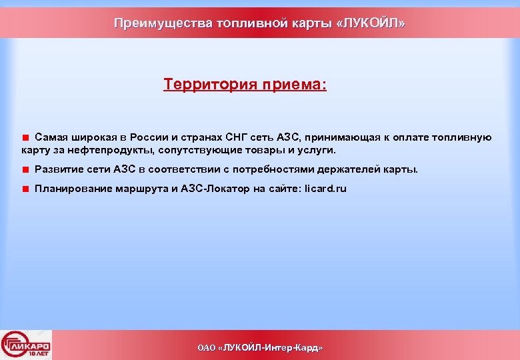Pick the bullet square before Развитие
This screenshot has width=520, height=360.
(25, 169)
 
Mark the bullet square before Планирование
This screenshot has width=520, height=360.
(25, 189)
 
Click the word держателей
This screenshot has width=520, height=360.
(348, 169)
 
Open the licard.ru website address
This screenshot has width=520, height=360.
(325, 189)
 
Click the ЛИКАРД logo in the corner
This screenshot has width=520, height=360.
(27, 345)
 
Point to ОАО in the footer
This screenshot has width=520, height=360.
(207, 348)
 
